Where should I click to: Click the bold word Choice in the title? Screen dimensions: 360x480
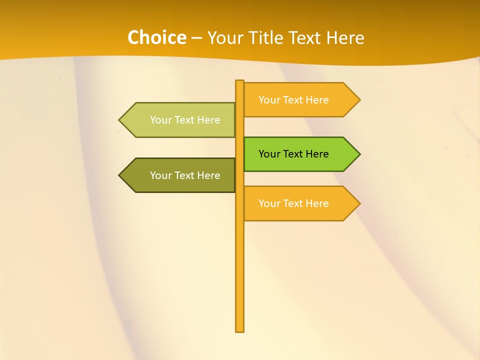pyautogui.click(x=156, y=37)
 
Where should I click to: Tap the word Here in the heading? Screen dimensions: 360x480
pyautogui.click(x=345, y=37)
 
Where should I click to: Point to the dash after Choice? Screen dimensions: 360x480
pyautogui.click(x=197, y=38)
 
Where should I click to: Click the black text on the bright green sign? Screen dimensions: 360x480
pyautogui.click(x=293, y=154)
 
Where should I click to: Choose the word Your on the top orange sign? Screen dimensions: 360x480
pyautogui.click(x=269, y=100)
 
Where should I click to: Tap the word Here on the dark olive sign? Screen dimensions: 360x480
pyautogui.click(x=208, y=175)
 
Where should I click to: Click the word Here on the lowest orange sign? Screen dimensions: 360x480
pyautogui.click(x=317, y=203)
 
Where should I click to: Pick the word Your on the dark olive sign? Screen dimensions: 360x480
pyautogui.click(x=160, y=175)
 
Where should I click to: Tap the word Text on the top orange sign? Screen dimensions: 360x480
pyautogui.click(x=292, y=100)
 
